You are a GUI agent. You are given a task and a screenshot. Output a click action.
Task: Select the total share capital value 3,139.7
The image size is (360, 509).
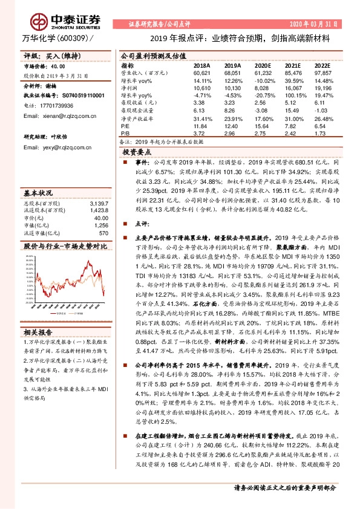pyautogui.click(x=99, y=203)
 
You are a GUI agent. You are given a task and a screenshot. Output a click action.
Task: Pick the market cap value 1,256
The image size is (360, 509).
pyautogui.click(x=100, y=225)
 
